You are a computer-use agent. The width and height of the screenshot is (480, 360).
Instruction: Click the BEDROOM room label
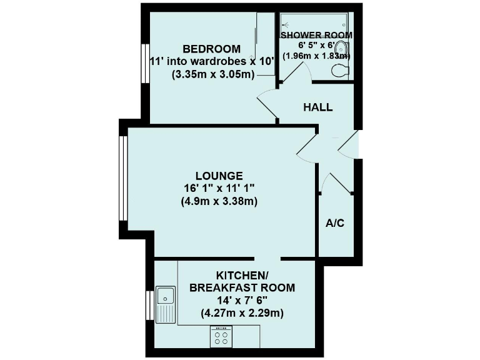tap(211, 49)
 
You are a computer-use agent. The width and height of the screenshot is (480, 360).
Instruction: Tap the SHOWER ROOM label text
tap(316, 35)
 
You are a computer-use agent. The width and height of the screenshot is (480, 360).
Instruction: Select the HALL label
tap(317, 107)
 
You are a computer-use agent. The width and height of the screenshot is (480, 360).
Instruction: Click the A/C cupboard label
tap(335, 224)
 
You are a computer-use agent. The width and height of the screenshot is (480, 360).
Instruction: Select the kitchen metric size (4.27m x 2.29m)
tap(241, 313)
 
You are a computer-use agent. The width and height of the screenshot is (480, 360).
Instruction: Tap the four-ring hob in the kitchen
tap(221, 337)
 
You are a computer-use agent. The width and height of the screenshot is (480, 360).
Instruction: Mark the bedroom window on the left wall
tap(144, 63)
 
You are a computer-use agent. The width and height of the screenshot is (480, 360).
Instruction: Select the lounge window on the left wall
tap(123, 178)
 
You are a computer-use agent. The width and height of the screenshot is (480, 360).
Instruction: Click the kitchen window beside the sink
tap(150, 306)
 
